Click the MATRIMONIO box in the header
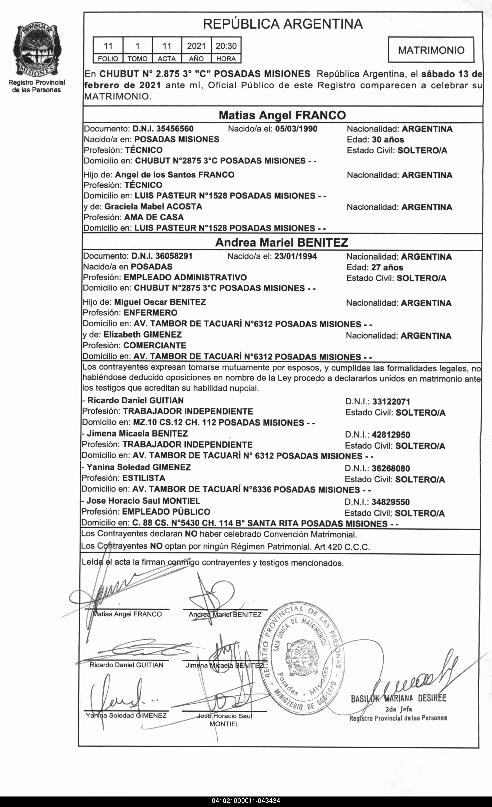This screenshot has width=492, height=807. point(431,50)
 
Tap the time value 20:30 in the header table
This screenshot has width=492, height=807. point(226,46)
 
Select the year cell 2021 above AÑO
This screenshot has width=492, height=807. point(196,46)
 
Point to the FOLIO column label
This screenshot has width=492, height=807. point(108,59)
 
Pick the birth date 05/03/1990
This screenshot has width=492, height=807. point(296,129)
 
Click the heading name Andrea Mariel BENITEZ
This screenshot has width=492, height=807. point(282,242)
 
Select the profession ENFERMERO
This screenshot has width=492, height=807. point(150,313)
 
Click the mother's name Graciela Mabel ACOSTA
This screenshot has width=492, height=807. point(153,207)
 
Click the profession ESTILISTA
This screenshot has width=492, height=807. point(144,478)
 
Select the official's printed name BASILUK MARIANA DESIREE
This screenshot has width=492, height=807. point(398,699)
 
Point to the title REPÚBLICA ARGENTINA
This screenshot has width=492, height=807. point(283,24)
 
